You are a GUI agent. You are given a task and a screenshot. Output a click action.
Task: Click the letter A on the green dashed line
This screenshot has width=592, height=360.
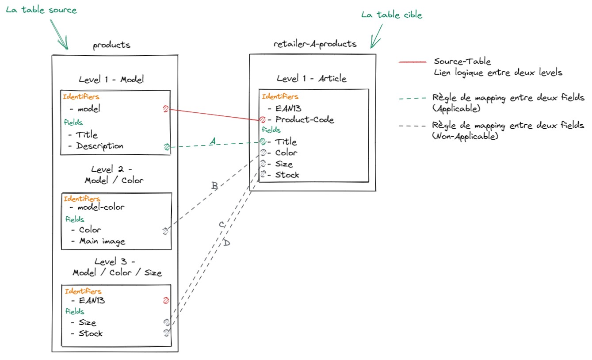(212, 141)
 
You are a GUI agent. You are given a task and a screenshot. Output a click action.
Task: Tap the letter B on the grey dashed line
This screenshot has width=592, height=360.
(214, 186)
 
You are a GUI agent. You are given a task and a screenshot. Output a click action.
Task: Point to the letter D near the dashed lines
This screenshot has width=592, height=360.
(226, 243)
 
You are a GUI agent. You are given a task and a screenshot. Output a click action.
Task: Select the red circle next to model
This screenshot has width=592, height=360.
(166, 109)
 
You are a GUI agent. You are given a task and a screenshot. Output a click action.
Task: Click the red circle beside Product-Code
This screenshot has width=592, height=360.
(262, 119)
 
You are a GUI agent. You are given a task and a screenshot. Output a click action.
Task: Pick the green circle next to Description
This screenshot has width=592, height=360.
(167, 147)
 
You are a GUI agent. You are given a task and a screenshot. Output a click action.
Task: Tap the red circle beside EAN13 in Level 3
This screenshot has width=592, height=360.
(166, 301)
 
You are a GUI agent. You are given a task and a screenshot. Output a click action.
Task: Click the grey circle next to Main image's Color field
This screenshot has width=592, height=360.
(165, 230)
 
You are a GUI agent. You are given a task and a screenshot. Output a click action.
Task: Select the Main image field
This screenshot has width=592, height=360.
(102, 241)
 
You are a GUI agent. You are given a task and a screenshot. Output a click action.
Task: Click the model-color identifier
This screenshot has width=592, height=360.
(101, 207)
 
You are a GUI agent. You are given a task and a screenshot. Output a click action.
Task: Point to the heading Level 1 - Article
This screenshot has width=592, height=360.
(311, 79)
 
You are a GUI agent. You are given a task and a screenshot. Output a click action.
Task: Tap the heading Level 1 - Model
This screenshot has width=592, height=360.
(111, 80)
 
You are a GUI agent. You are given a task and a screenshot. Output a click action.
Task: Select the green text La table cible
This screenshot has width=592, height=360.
(391, 15)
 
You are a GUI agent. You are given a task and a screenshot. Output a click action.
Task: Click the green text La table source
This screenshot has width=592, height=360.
(41, 10)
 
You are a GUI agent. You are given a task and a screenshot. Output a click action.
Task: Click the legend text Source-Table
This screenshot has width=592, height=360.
(462, 61)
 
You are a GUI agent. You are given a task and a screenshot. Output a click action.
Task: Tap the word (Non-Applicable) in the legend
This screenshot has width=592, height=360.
(466, 137)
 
